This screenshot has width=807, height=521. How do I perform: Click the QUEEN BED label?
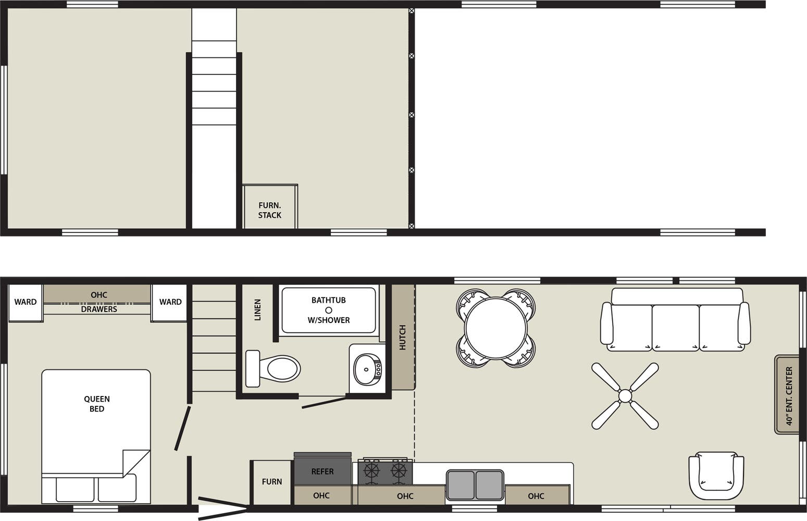click(x=97, y=404)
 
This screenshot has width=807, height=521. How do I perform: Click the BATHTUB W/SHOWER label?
click(x=329, y=310)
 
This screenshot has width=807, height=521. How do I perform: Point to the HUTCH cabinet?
click(x=402, y=337)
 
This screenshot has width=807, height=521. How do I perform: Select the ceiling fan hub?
click(x=625, y=396)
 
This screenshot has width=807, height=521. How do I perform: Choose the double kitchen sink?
click(x=475, y=485)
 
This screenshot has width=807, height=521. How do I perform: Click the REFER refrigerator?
click(x=322, y=471)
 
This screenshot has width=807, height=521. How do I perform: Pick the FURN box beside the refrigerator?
click(x=272, y=482)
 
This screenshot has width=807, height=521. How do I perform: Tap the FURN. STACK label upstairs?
click(x=270, y=210)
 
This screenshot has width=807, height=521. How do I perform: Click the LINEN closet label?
click(x=257, y=309)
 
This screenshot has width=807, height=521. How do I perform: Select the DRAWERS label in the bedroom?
click(x=99, y=309)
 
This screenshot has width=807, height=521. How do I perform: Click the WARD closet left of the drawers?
click(x=26, y=302)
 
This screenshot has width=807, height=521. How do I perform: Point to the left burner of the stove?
click(x=371, y=471)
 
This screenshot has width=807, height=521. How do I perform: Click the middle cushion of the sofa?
click(x=675, y=327)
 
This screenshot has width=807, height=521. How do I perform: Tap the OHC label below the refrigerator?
click(x=321, y=495)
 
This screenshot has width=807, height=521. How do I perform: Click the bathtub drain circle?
click(x=329, y=310)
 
